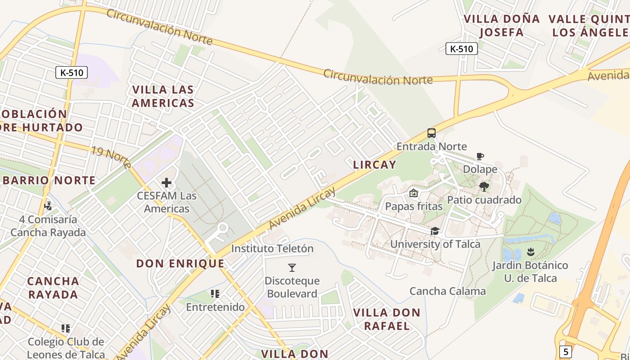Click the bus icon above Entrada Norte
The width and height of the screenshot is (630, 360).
click(431, 133)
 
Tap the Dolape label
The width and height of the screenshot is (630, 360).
click(480, 170)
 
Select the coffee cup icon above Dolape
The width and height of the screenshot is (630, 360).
click(480, 157)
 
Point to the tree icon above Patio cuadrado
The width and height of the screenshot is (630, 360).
click(484, 186)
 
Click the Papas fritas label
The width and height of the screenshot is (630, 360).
click(414, 206)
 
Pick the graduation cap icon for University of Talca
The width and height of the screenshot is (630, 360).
click(435, 231)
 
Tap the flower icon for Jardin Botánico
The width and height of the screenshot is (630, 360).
click(531, 252)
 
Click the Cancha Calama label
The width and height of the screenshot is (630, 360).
click(447, 291)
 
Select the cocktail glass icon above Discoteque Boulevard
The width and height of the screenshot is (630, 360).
click(292, 268)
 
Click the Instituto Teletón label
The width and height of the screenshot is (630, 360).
click(272, 248)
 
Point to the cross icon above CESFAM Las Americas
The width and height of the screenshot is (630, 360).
click(166, 182)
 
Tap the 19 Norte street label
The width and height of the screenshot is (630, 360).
click(111, 156)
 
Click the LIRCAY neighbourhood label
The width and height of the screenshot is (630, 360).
click(374, 165)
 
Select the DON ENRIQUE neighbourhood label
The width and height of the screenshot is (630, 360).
click(180, 263)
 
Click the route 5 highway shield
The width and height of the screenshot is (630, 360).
click(565, 351)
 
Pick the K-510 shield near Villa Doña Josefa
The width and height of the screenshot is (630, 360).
click(461, 49)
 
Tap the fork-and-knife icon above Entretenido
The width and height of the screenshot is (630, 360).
click(215, 294)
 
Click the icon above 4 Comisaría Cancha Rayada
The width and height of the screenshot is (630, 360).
click(48, 206)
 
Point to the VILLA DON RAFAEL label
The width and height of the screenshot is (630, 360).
click(387, 319)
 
